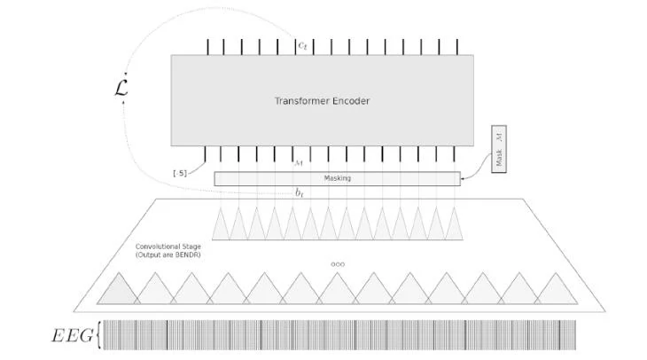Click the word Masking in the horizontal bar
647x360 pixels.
[x=337, y=178]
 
